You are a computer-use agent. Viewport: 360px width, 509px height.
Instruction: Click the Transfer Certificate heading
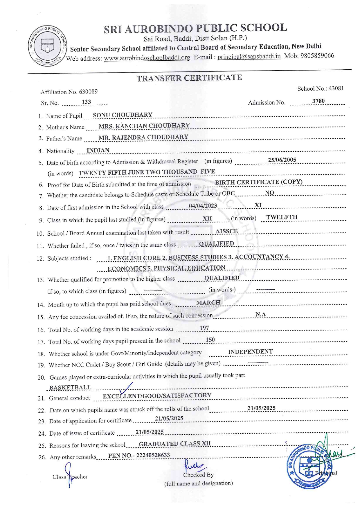pyautogui.click(x=189, y=78)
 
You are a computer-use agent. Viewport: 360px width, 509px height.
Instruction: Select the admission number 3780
pyautogui.click(x=318, y=101)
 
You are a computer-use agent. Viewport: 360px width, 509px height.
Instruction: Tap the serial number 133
pyautogui.click(x=86, y=102)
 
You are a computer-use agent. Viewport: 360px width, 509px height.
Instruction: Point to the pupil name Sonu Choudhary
pyautogui.click(x=123, y=115)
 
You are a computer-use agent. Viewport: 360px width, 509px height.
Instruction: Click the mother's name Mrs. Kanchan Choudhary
pyautogui.click(x=144, y=126)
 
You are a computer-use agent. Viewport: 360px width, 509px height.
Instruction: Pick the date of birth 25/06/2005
pyautogui.click(x=282, y=160)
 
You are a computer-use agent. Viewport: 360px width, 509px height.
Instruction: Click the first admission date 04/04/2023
pyautogui.click(x=203, y=206)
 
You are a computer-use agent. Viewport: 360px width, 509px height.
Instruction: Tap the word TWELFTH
pyautogui.click(x=282, y=217)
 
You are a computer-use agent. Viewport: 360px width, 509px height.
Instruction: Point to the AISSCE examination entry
pyautogui.click(x=226, y=231)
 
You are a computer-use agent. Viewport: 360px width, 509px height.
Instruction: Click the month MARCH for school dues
pyautogui.click(x=208, y=303)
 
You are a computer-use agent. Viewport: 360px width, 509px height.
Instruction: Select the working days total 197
pyautogui.click(x=204, y=328)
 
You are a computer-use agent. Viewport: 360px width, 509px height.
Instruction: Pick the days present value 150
pyautogui.click(x=210, y=340)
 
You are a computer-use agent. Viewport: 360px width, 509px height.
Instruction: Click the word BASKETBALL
pyautogui.click(x=70, y=388)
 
